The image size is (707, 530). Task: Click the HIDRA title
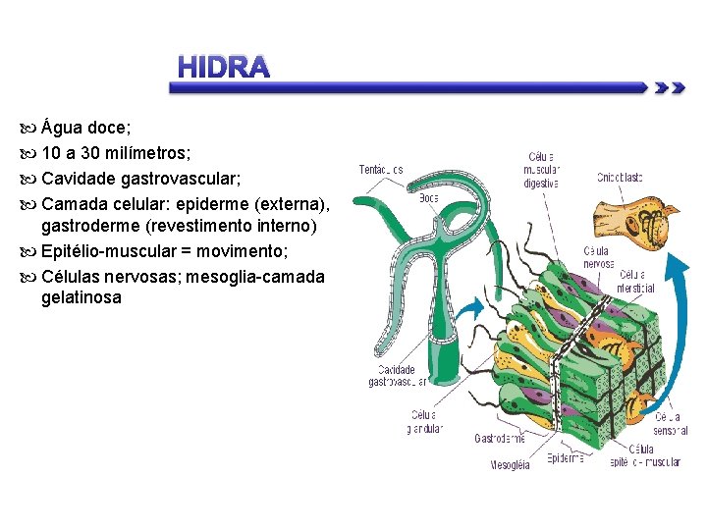pos(223,67)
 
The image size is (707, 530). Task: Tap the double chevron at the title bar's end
pos(669,87)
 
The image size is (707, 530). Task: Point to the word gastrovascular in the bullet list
pos(182,179)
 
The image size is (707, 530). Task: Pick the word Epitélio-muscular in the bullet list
pos(117,251)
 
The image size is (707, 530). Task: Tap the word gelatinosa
pos(82,296)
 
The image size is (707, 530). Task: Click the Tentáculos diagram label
pos(381,170)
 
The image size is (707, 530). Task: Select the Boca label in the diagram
pos(428,197)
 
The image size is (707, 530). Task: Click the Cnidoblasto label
pos(620,177)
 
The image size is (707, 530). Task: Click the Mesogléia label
pos(510,465)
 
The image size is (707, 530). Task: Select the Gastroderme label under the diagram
pos(500,439)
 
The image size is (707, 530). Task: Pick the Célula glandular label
pos(425,421)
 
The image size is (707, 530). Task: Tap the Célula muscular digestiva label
pos(541,169)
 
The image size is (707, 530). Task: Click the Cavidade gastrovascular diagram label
pos(398,376)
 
